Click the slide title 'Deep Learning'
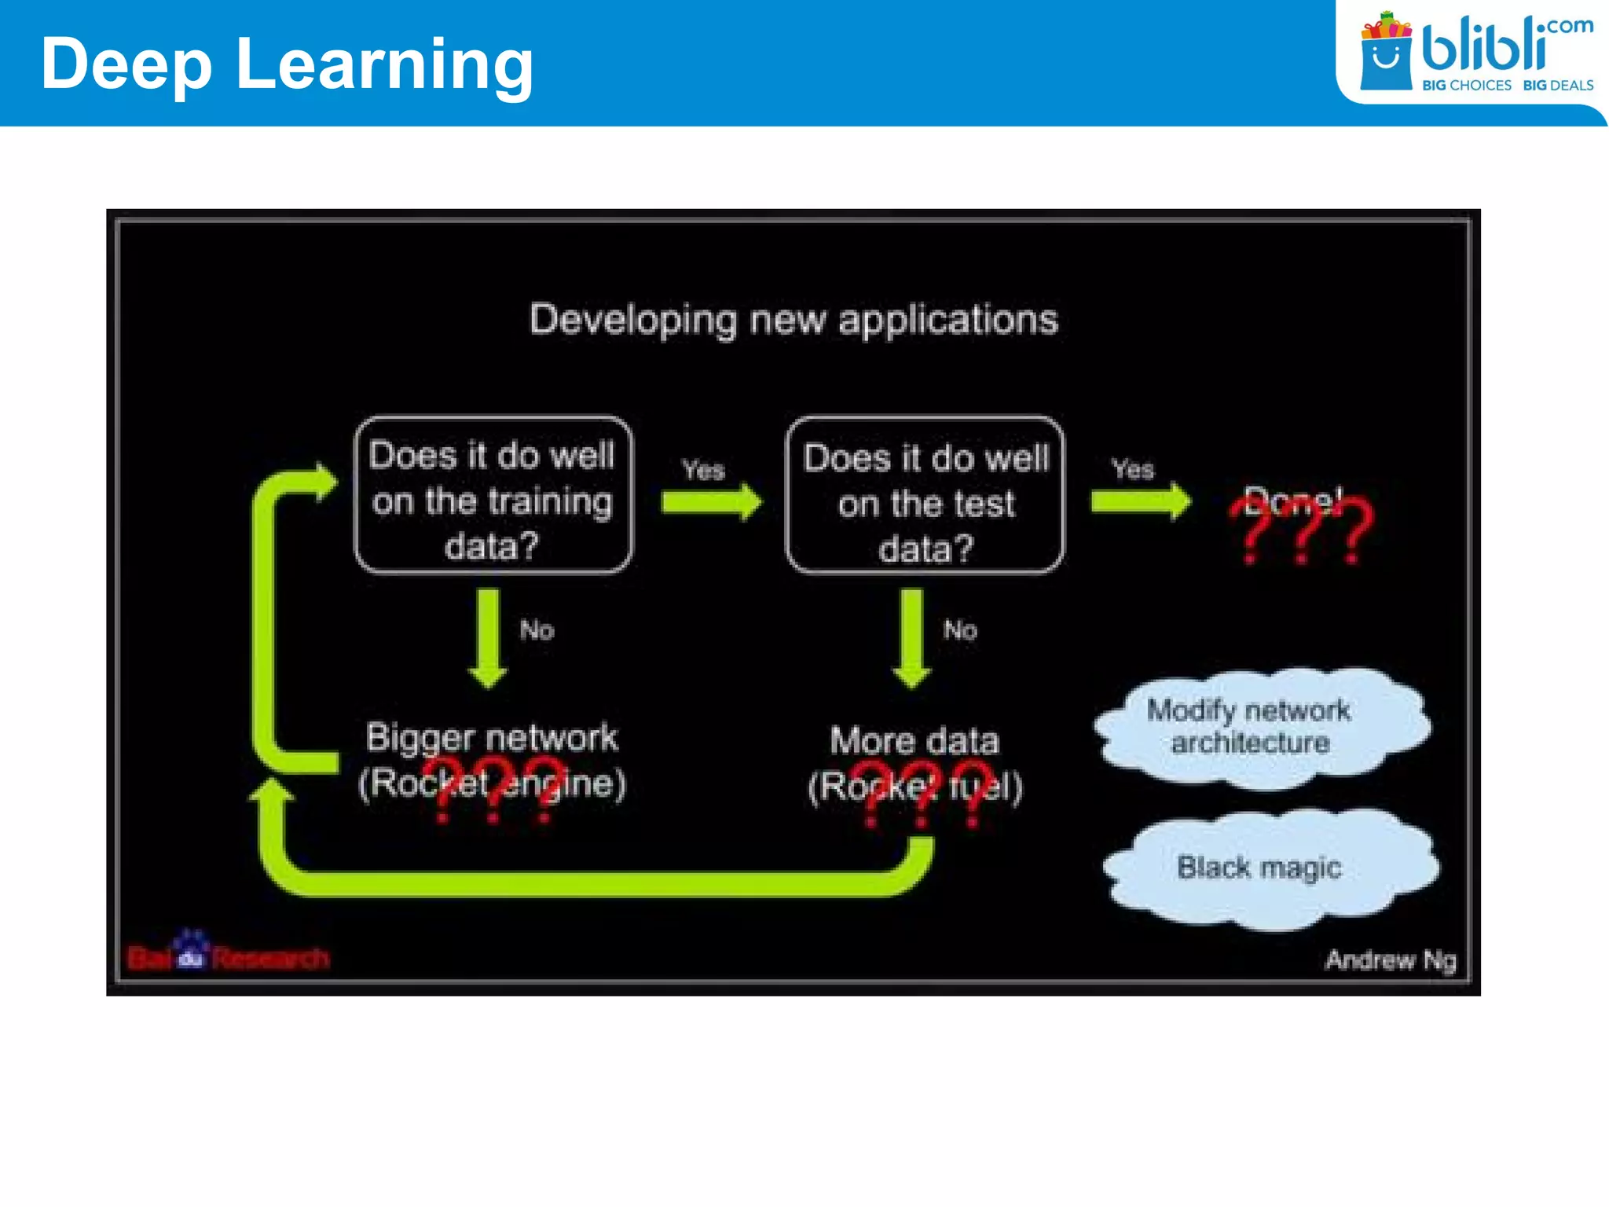click(x=287, y=64)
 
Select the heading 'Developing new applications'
click(x=794, y=320)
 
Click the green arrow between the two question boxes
click(x=711, y=502)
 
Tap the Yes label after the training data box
click(x=702, y=470)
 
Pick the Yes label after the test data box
click(x=1132, y=469)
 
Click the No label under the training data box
click(x=537, y=630)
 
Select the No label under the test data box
click(x=960, y=629)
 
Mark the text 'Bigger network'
click(x=492, y=738)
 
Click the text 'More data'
click(x=914, y=741)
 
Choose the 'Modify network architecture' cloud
click(x=1261, y=728)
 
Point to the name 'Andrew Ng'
click(x=1390, y=959)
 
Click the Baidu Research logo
click(x=228, y=955)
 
